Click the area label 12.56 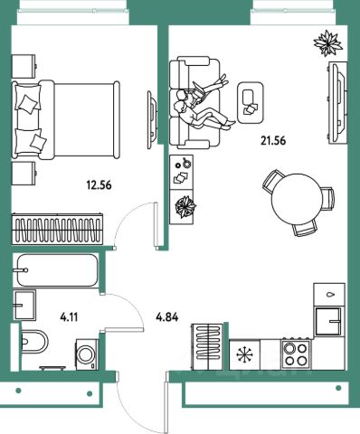click(99, 185)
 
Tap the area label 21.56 click(273, 140)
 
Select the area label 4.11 click(69, 316)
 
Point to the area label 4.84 click(167, 316)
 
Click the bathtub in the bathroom click(56, 270)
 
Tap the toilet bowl click(34, 342)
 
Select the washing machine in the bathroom click(87, 354)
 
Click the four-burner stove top click(296, 354)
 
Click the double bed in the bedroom click(66, 120)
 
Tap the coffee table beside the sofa click(251, 103)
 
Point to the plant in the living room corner click(327, 43)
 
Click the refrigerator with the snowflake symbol click(244, 354)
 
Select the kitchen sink click(327, 321)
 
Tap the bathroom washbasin click(24, 305)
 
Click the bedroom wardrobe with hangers click(57, 229)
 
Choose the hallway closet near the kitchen click(207, 346)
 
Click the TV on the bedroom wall click(152, 119)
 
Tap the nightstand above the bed click(24, 66)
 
